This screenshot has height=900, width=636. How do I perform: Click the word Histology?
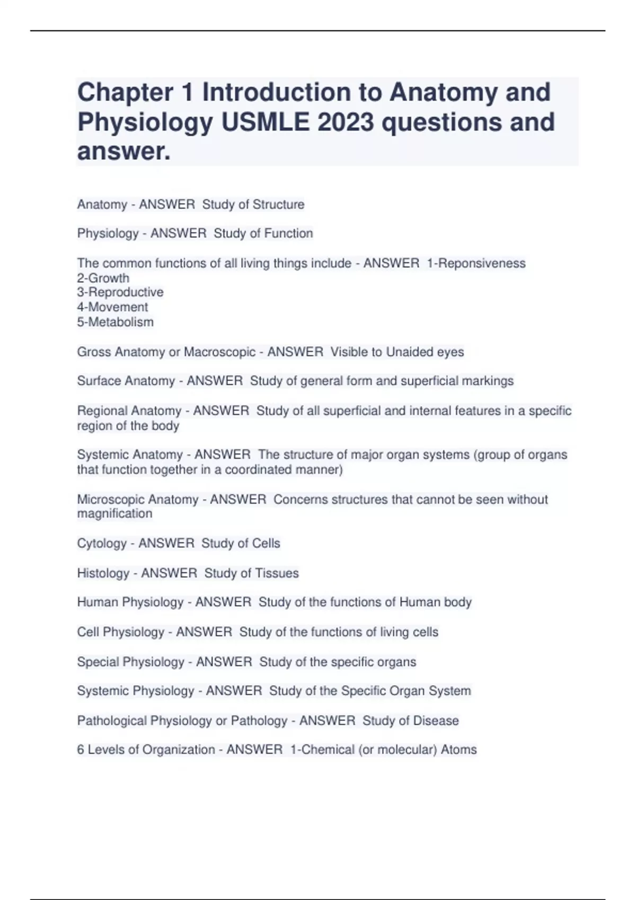[103, 573]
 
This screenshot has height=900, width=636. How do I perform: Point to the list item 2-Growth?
[103, 278]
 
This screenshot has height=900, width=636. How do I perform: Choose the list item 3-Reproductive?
[120, 292]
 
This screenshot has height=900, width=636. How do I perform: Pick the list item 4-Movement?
[112, 307]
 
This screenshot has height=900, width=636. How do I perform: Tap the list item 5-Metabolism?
[116, 322]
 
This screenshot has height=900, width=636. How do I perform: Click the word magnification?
[114, 514]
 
